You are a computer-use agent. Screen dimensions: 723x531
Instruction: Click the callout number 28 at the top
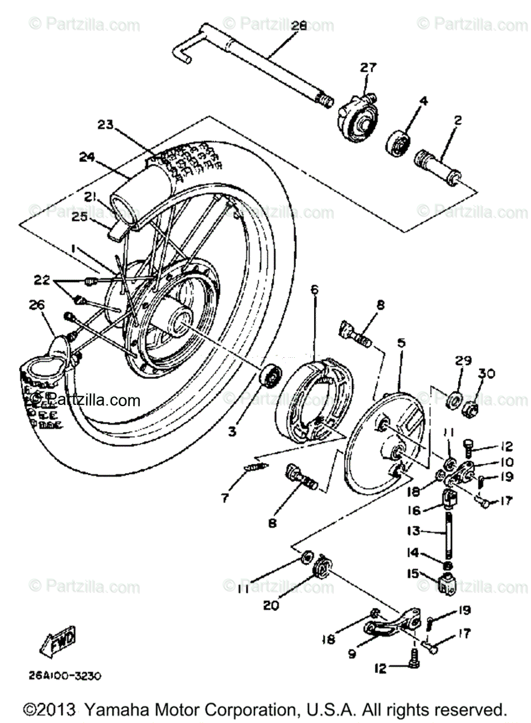coord(299,26)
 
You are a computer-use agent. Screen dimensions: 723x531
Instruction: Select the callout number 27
coord(368,68)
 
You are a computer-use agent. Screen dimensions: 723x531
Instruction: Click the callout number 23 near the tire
coord(106,125)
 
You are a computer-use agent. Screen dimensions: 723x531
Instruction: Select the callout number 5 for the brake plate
coord(401,343)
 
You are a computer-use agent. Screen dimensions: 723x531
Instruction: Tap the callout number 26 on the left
coord(38,305)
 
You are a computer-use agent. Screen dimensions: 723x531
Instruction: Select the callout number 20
coord(271,605)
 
